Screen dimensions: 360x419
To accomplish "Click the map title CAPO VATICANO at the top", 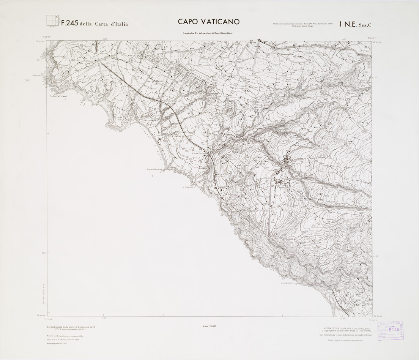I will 209,22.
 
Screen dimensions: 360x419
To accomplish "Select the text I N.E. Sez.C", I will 356,24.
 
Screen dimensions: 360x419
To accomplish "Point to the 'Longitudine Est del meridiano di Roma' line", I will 208,33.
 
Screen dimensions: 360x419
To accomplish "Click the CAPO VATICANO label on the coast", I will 58,97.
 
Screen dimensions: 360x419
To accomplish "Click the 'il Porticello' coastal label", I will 188,187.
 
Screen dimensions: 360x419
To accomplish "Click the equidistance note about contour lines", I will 71,327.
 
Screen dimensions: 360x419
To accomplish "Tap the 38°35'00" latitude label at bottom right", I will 378,316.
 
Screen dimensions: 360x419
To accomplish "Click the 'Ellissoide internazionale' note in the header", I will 302,24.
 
